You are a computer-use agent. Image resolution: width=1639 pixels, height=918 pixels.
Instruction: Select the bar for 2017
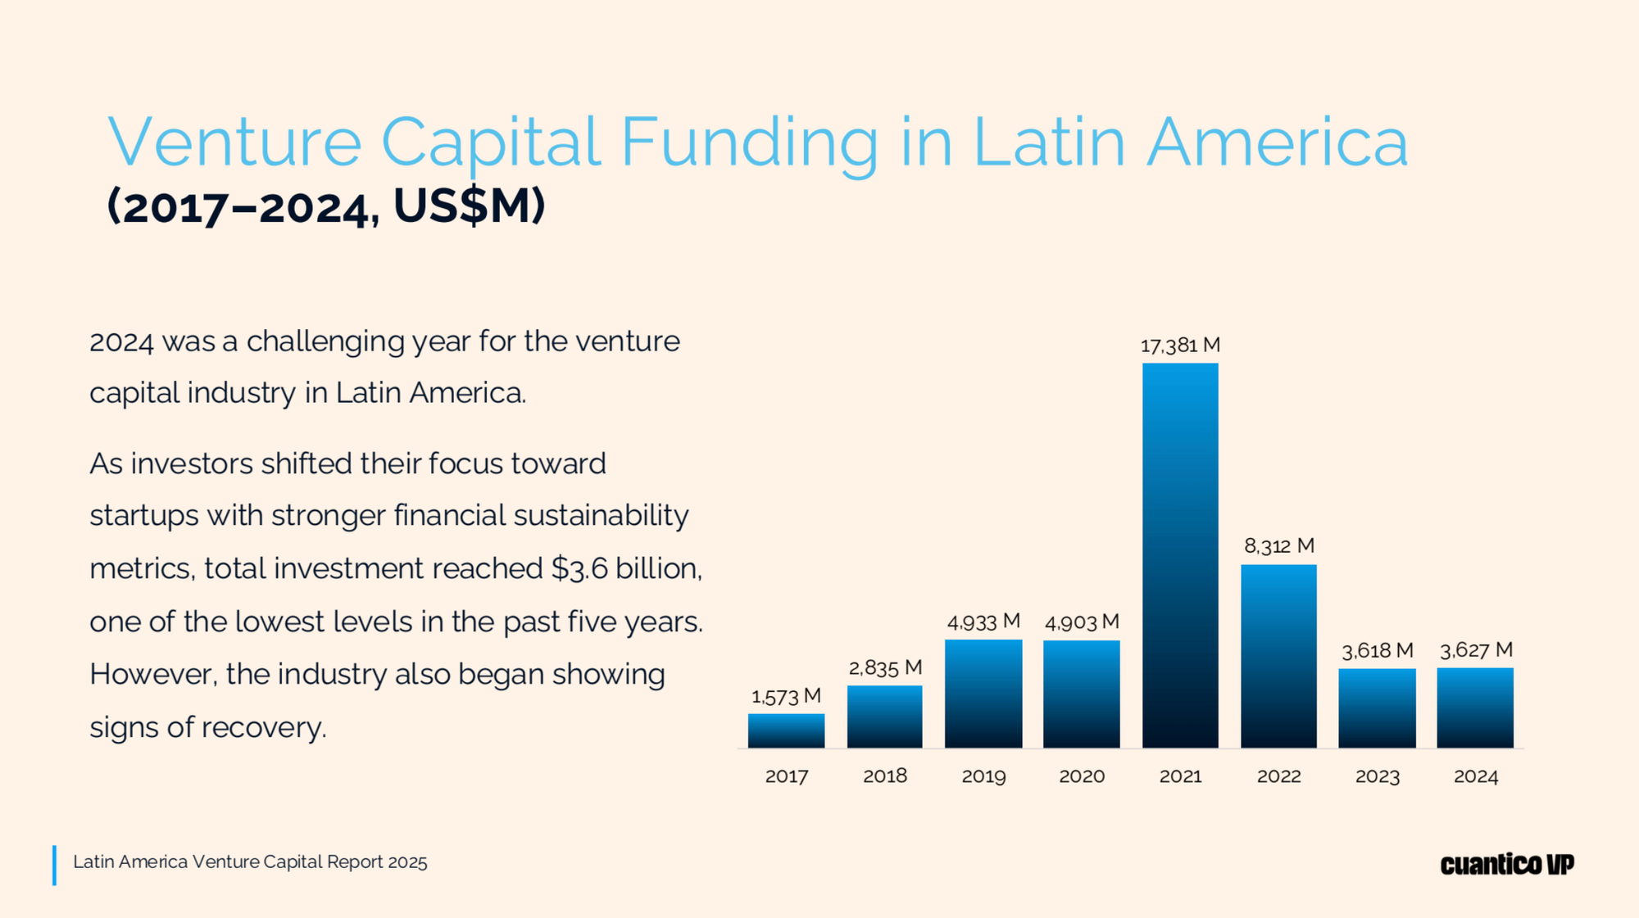[786, 730]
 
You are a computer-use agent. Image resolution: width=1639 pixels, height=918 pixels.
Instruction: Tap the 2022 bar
[1278, 656]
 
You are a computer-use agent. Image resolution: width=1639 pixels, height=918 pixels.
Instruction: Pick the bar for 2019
[983, 694]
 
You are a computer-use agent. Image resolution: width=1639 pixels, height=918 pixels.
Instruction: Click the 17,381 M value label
[1180, 346]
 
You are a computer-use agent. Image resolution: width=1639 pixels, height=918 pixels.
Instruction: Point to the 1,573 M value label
[786, 697]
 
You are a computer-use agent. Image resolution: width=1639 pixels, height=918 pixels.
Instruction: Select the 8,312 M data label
[1278, 546]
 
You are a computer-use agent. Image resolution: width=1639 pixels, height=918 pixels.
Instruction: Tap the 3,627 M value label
[1476, 650]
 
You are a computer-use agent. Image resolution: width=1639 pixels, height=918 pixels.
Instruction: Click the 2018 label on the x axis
[885, 776]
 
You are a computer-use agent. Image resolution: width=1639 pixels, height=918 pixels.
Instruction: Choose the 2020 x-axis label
[1082, 776]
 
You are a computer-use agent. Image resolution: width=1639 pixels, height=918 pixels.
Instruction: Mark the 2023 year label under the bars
[1377, 776]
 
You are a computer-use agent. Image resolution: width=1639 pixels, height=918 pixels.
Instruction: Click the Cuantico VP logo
[1507, 864]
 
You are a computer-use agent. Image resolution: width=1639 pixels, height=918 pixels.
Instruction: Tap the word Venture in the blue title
[234, 142]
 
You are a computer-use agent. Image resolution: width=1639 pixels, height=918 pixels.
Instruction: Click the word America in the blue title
[1276, 142]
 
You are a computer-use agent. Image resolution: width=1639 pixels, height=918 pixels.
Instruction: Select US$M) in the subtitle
[469, 206]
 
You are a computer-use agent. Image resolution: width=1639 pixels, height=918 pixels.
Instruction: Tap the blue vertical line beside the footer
[54, 865]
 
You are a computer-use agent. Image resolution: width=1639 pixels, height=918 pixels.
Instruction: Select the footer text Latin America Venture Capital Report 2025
[250, 862]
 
